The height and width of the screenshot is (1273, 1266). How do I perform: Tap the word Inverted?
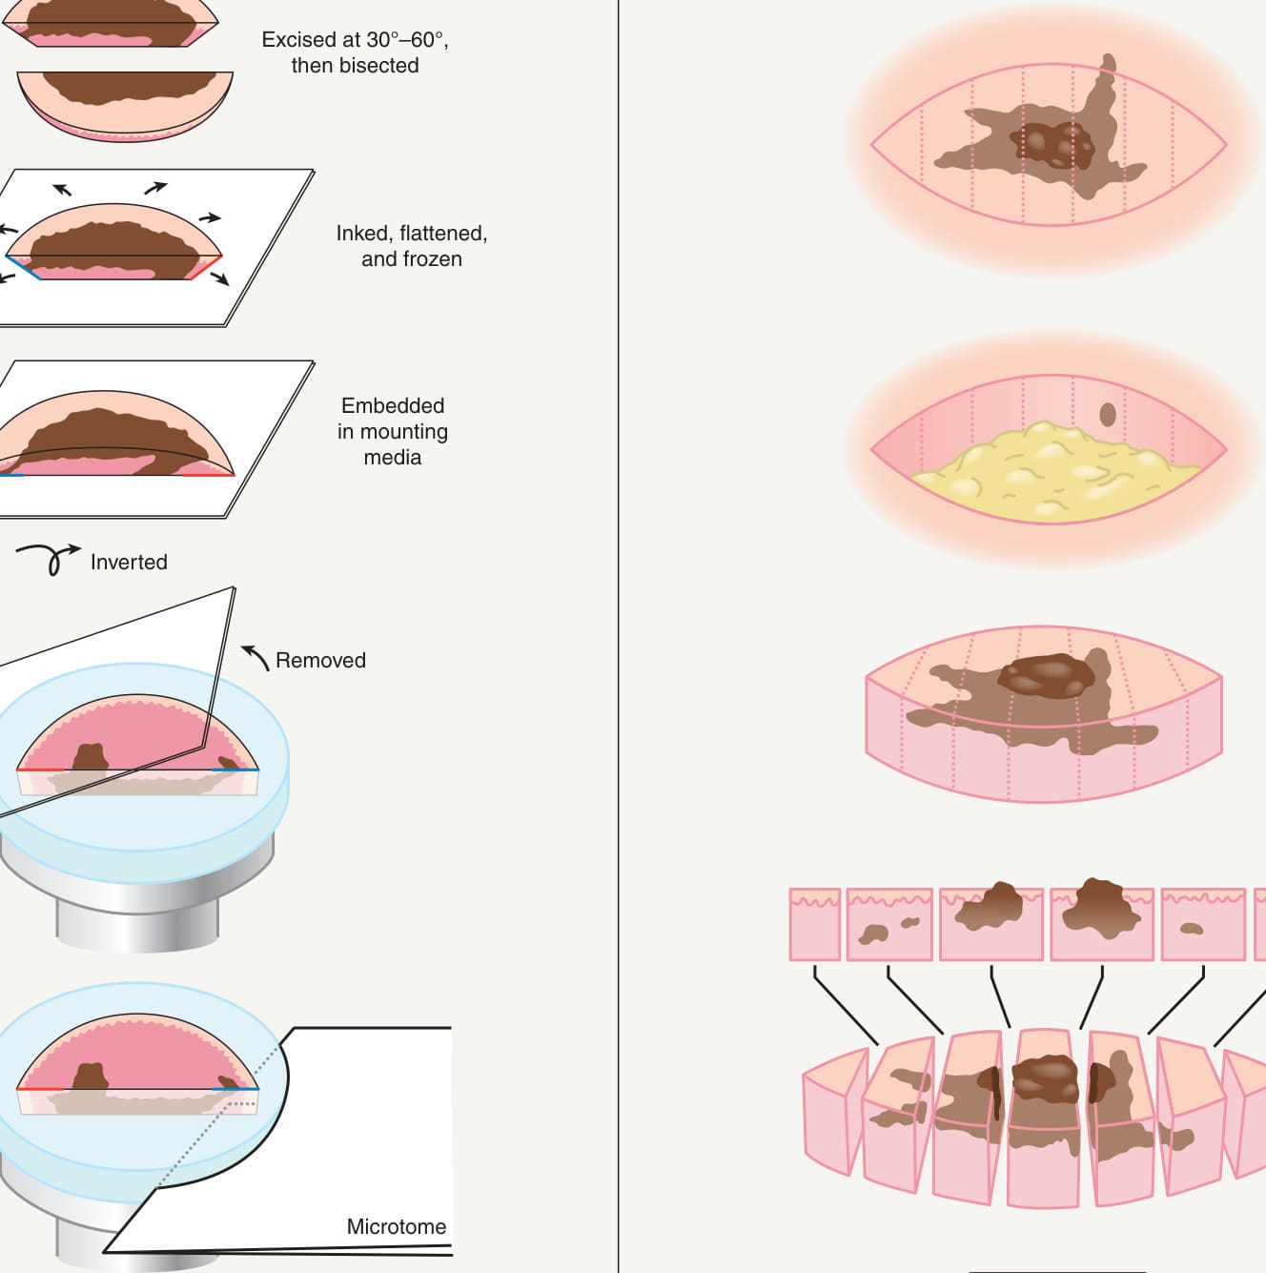pos(129,563)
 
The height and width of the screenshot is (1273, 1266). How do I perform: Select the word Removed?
pos(320,661)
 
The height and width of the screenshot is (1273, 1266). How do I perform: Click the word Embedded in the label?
pos(393,405)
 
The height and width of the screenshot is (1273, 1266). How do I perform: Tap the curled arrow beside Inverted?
pos(49,558)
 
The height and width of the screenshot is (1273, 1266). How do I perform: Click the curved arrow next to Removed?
pos(255,657)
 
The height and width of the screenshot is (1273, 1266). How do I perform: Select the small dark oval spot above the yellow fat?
pos(1108,415)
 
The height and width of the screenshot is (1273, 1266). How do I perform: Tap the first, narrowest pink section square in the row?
pos(815,924)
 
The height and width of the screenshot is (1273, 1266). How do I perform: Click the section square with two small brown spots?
pos(889,924)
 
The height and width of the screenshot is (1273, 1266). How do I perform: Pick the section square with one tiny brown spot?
pos(1203,924)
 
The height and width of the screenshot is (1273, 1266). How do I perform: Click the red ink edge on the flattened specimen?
pos(206,267)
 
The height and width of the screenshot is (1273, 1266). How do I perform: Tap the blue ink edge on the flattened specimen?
pos(24,267)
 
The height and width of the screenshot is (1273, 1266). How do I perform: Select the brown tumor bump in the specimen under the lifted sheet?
pos(91,757)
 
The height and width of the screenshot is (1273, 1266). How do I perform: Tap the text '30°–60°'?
pos(402,40)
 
